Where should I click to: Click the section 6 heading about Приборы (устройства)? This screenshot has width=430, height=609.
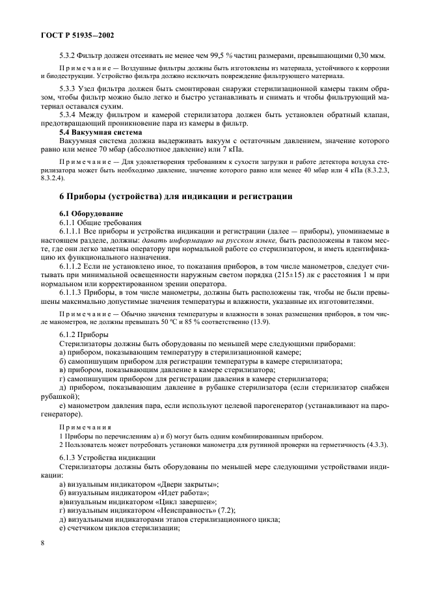click(176, 196)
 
